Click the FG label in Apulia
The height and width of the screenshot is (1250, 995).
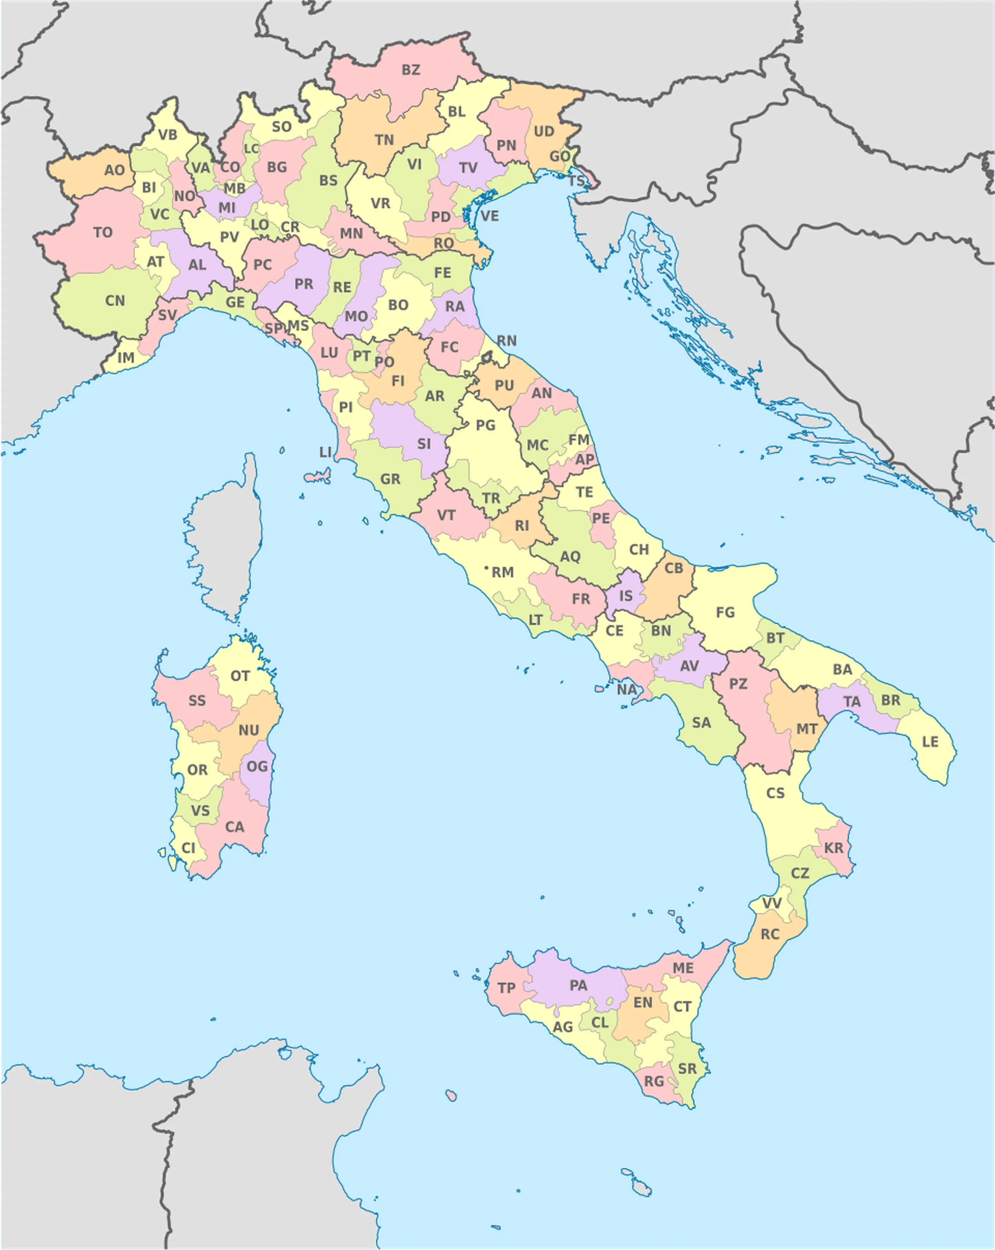[725, 612]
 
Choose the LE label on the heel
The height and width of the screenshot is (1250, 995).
[930, 742]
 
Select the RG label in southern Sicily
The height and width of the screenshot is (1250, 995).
[654, 1081]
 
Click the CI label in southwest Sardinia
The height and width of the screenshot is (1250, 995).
[188, 848]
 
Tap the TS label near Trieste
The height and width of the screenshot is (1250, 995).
[576, 181]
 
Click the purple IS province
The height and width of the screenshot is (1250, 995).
[626, 596]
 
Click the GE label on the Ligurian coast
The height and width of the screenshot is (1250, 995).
[235, 302]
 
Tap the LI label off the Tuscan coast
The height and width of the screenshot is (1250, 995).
[326, 451]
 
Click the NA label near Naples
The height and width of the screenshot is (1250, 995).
[627, 689]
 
